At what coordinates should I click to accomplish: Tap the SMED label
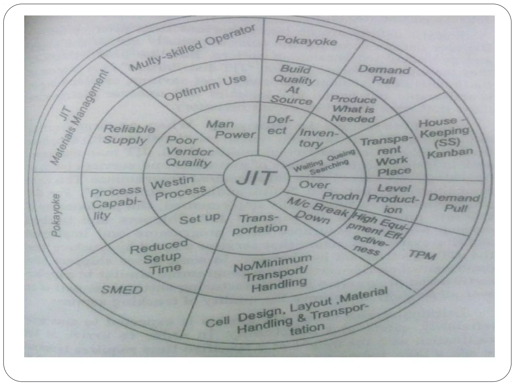[122, 290]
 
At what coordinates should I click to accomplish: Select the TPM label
[422, 255]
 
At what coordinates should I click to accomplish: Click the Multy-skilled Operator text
[192, 48]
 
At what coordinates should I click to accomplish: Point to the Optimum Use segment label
[205, 87]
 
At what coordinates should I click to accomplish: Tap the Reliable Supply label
[129, 135]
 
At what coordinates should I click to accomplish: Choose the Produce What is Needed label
[353, 109]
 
